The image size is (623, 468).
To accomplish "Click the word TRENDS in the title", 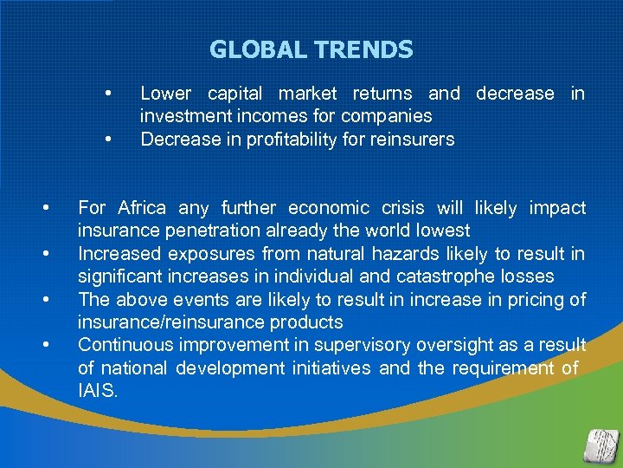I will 363,50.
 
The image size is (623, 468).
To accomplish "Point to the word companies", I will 386,116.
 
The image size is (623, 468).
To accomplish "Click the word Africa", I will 142,208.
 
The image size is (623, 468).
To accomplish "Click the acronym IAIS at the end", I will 97,391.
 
